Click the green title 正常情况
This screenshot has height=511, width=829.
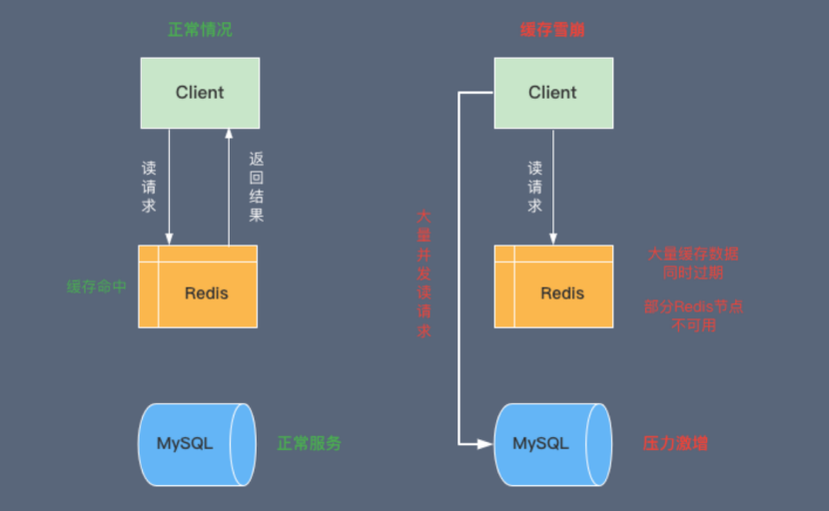click(x=200, y=30)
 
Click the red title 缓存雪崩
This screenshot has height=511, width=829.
click(x=552, y=30)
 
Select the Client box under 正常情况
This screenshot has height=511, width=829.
click(x=200, y=93)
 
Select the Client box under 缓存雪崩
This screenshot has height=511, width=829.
click(x=553, y=93)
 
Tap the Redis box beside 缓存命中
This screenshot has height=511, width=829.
click(x=198, y=286)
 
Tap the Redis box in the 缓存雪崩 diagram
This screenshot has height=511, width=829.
click(x=553, y=286)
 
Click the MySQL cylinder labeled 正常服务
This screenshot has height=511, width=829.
click(x=197, y=444)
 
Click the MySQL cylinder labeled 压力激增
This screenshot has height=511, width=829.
click(x=553, y=444)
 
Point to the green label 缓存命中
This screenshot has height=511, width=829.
click(x=96, y=286)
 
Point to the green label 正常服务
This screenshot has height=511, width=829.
click(x=310, y=443)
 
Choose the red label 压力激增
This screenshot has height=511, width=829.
click(x=675, y=443)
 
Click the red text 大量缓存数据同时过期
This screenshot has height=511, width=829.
click(x=693, y=263)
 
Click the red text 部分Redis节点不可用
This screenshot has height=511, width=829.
click(x=693, y=315)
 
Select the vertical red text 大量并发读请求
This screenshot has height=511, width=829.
click(x=423, y=273)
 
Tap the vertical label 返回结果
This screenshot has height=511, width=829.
click(x=257, y=187)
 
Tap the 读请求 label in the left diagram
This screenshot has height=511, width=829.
click(x=149, y=187)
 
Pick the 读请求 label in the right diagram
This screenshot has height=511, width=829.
click(x=534, y=187)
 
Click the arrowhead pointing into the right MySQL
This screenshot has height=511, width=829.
click(x=485, y=444)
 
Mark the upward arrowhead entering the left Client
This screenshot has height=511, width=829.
click(x=229, y=133)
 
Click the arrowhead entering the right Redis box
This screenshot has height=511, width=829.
click(x=553, y=240)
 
